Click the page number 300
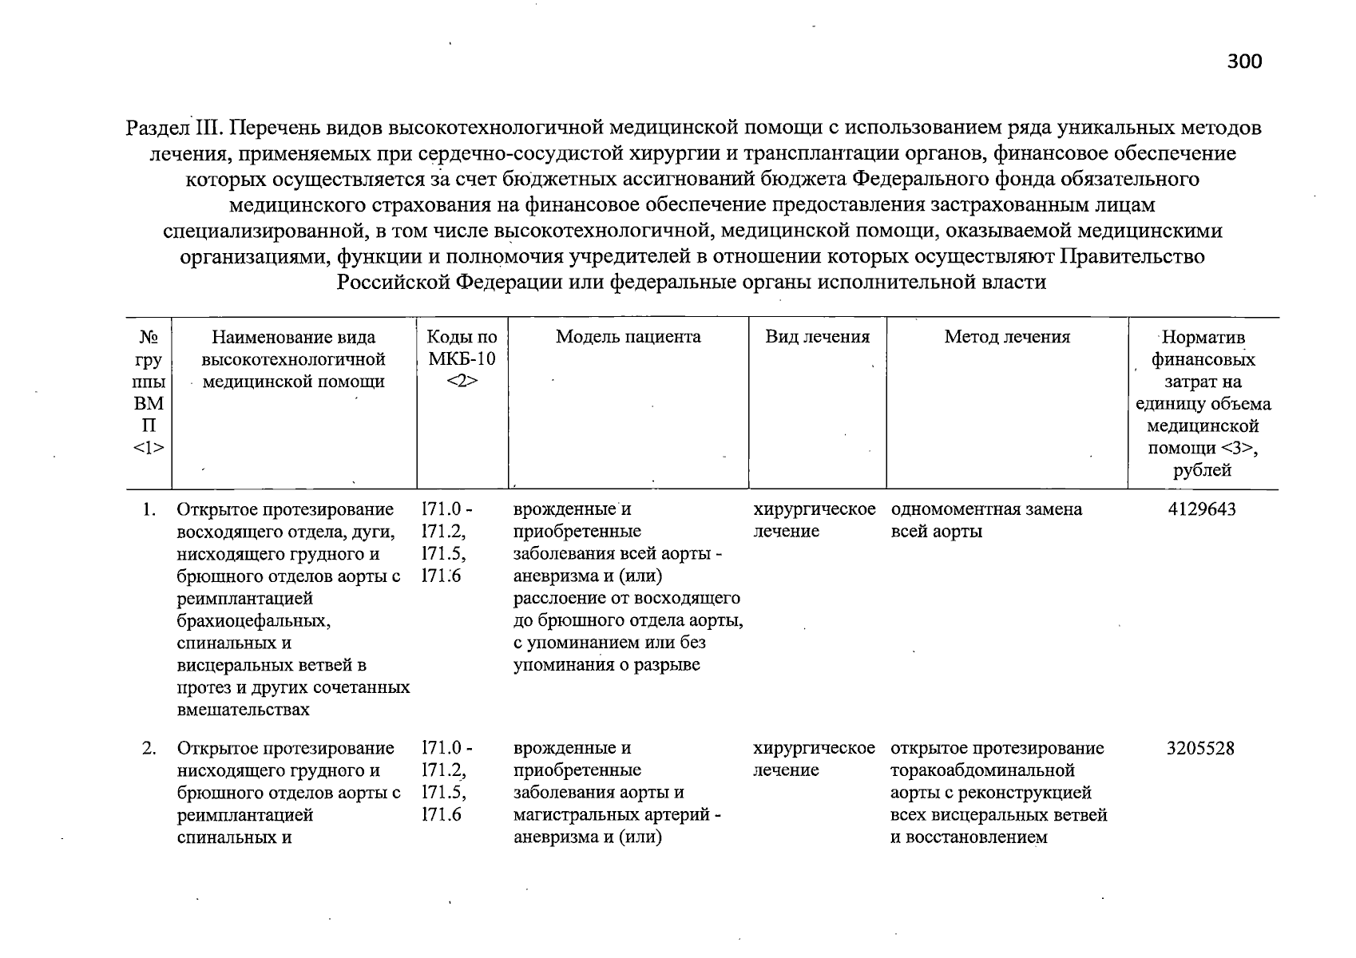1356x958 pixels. [x=1245, y=61]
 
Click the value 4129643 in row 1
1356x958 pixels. [x=1201, y=509]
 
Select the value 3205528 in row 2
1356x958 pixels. [x=1200, y=749]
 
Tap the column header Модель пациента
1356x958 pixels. [x=628, y=337]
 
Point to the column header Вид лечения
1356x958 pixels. [x=817, y=337]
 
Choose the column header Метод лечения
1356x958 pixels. [x=1006, y=337]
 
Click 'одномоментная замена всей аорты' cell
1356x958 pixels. [x=985, y=520]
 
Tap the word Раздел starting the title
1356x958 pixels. [x=157, y=129]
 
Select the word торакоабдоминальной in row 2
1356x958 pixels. [x=981, y=771]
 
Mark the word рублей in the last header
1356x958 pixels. [x=1202, y=471]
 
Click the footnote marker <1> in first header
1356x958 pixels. [x=149, y=449]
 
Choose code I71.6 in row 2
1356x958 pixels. [x=441, y=816]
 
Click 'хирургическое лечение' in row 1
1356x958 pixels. [x=814, y=520]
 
